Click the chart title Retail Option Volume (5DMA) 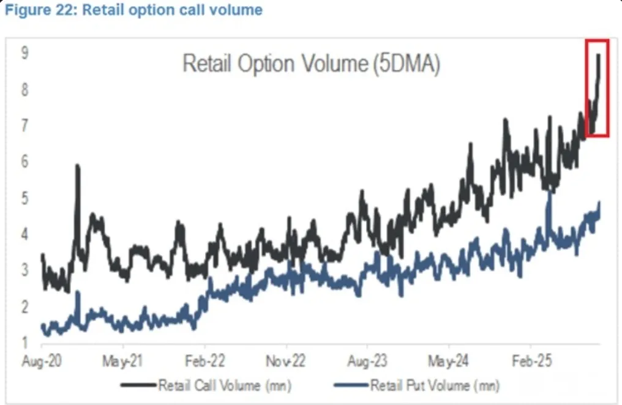[311, 64]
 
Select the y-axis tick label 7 [25, 126]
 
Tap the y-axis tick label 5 [25, 198]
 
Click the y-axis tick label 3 [25, 270]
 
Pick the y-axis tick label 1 [25, 342]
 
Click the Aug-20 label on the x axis [41, 361]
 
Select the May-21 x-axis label [123, 361]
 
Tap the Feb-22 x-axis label [204, 361]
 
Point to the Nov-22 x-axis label [286, 361]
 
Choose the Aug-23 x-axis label [367, 361]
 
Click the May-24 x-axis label [449, 361]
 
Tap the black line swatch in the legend [139, 386]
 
